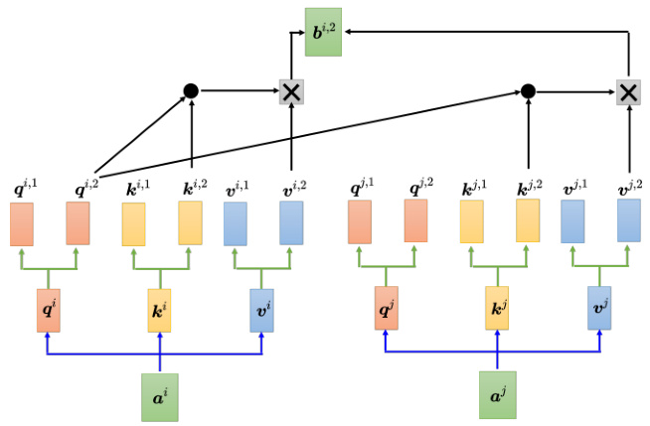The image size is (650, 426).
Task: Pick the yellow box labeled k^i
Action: pyautogui.click(x=160, y=310)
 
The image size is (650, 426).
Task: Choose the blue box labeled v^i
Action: pyautogui.click(x=261, y=310)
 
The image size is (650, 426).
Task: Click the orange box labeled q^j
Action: pyautogui.click(x=386, y=310)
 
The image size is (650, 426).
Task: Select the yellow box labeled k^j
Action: pyautogui.click(x=499, y=310)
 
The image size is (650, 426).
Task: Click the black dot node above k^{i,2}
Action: pyautogui.click(x=191, y=91)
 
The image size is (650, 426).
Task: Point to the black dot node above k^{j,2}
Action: pyautogui.click(x=528, y=91)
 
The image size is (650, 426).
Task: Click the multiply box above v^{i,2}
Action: pyautogui.click(x=291, y=91)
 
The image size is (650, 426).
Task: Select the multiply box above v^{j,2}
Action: pyautogui.click(x=628, y=91)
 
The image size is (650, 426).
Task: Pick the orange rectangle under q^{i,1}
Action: pyautogui.click(x=22, y=224)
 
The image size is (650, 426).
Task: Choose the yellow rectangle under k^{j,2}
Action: pyautogui.click(x=528, y=221)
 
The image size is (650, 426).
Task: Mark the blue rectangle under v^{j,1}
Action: pyautogui.click(x=572, y=221)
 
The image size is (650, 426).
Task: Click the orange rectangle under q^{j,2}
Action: pyautogui.click(x=416, y=221)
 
